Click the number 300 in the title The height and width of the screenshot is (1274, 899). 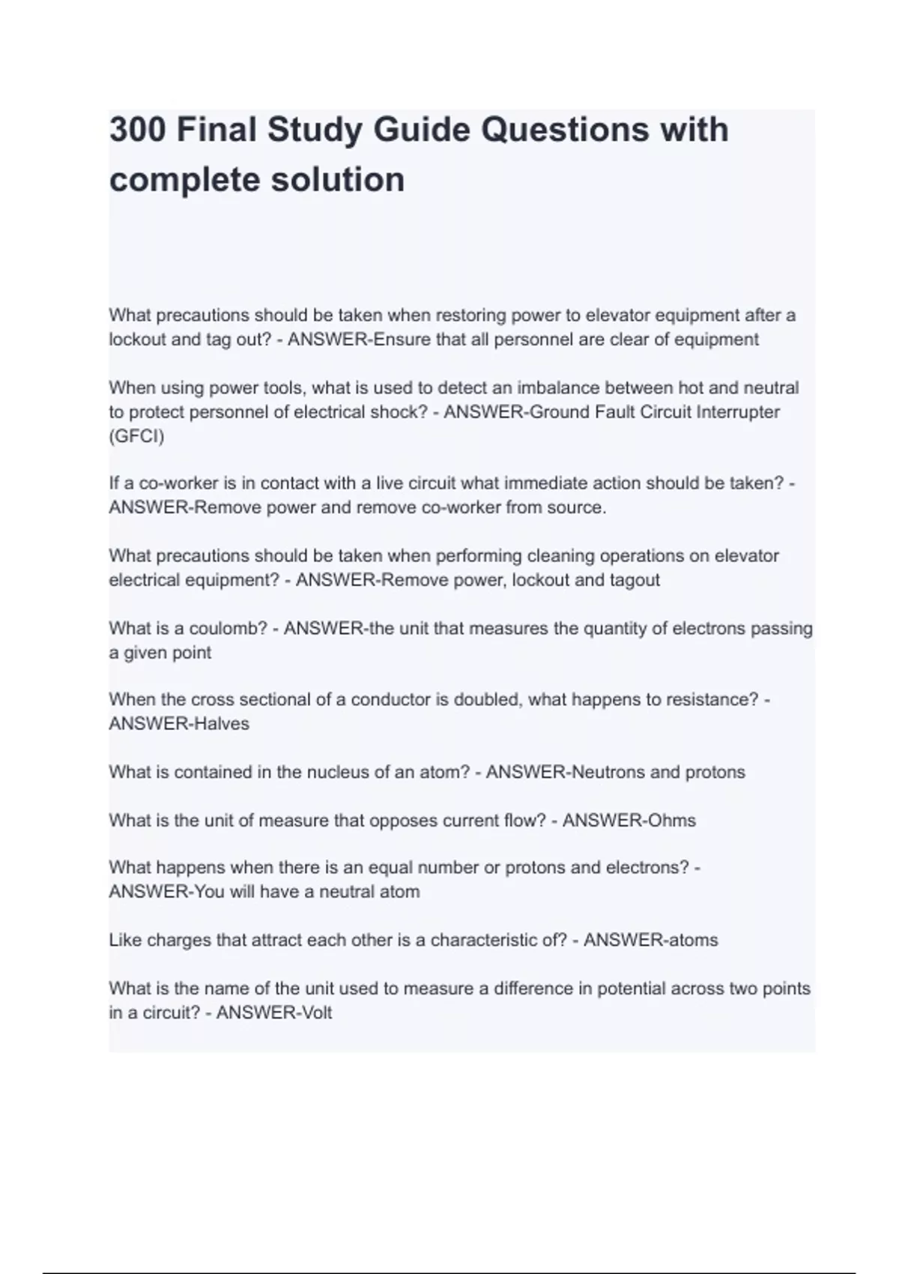tap(138, 130)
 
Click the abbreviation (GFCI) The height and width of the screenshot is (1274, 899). tap(136, 436)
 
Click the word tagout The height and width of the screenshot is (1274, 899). tap(635, 580)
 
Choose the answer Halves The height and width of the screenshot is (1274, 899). tap(222, 724)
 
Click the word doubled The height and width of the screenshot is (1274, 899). tap(487, 700)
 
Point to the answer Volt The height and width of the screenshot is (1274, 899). tap(315, 1013)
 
